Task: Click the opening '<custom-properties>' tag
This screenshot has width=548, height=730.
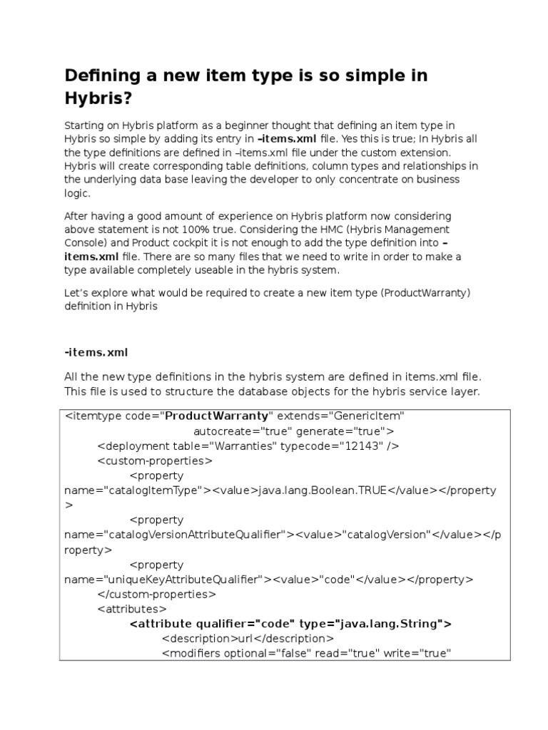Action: [x=154, y=461]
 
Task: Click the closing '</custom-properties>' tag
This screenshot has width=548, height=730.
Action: [x=156, y=594]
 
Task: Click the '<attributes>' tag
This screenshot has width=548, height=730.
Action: [x=131, y=609]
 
